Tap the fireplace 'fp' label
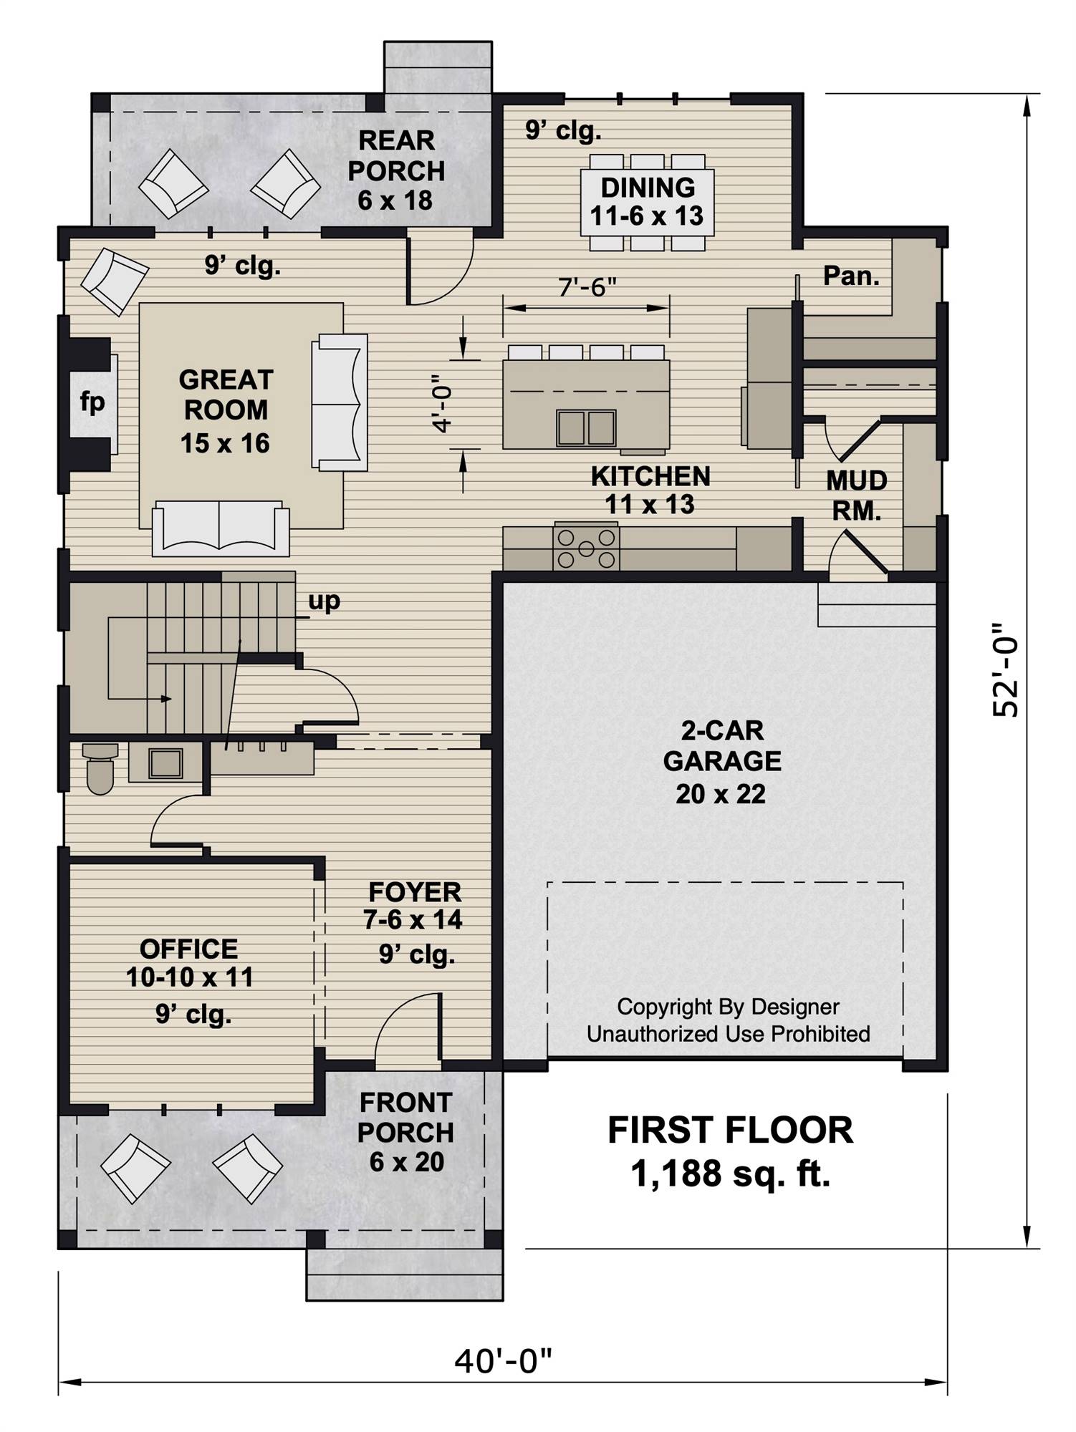click(92, 402)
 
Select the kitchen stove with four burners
click(586, 548)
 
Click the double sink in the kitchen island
click(586, 427)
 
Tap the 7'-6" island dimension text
click(587, 287)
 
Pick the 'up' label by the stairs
click(324, 601)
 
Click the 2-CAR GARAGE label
click(722, 762)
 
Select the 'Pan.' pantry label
click(851, 276)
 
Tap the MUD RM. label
click(857, 495)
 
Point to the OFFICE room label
click(189, 949)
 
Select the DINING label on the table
click(648, 188)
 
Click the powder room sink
click(165, 763)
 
